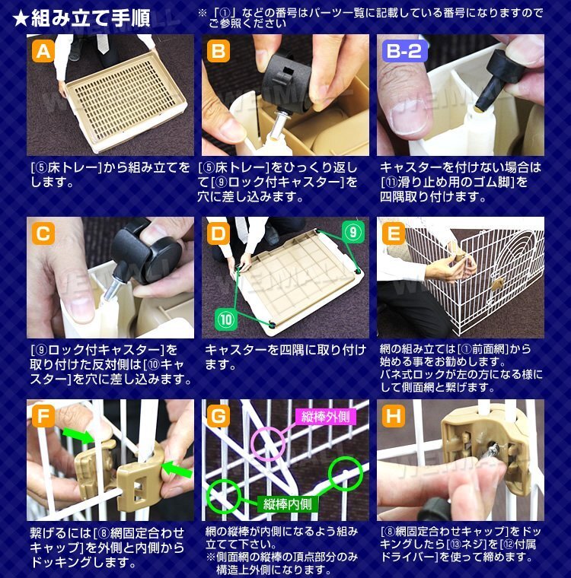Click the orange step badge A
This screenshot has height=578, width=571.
coord(43,51)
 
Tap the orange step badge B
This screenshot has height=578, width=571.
coord(219,51)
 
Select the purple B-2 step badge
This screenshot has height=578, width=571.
coord(404,51)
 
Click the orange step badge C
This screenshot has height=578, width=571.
coord(43,233)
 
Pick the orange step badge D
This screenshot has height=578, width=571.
coord(219,233)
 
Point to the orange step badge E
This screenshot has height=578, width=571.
coord(394,233)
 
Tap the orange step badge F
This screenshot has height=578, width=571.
coord(43,417)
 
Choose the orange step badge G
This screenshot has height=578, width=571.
coord(219,417)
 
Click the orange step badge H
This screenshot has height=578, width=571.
coord(394,417)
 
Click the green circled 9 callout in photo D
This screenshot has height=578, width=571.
coord(353,232)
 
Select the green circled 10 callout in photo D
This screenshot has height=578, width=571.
coord(226,319)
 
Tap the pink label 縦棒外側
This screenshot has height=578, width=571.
coord(326,417)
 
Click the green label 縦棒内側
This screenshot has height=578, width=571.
coord(288,504)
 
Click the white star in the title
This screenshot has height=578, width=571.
coord(21,18)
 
